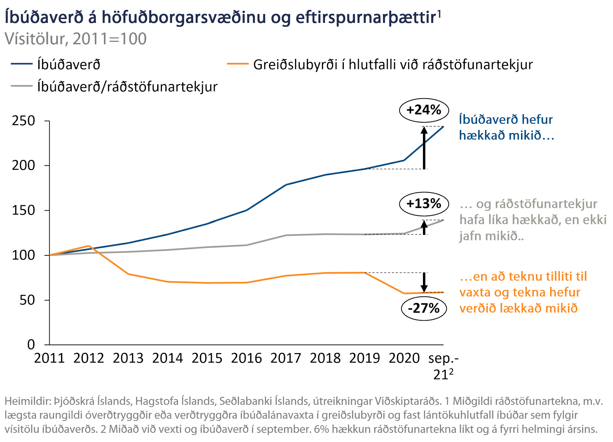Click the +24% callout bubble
pos(424,110)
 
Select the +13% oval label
pos(424,204)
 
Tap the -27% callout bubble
pos(424,308)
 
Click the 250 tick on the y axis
pos(23,121)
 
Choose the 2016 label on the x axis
pos(246,358)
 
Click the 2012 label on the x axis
pos(89,358)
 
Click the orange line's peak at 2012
pos(89,246)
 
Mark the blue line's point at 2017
pos(286,185)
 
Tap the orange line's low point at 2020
pos(404,293)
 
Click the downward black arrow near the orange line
pos(424,282)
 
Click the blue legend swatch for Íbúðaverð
pos(22,64)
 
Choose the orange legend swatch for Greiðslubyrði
pos(238,64)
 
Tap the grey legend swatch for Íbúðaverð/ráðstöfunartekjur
pos(22,86)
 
